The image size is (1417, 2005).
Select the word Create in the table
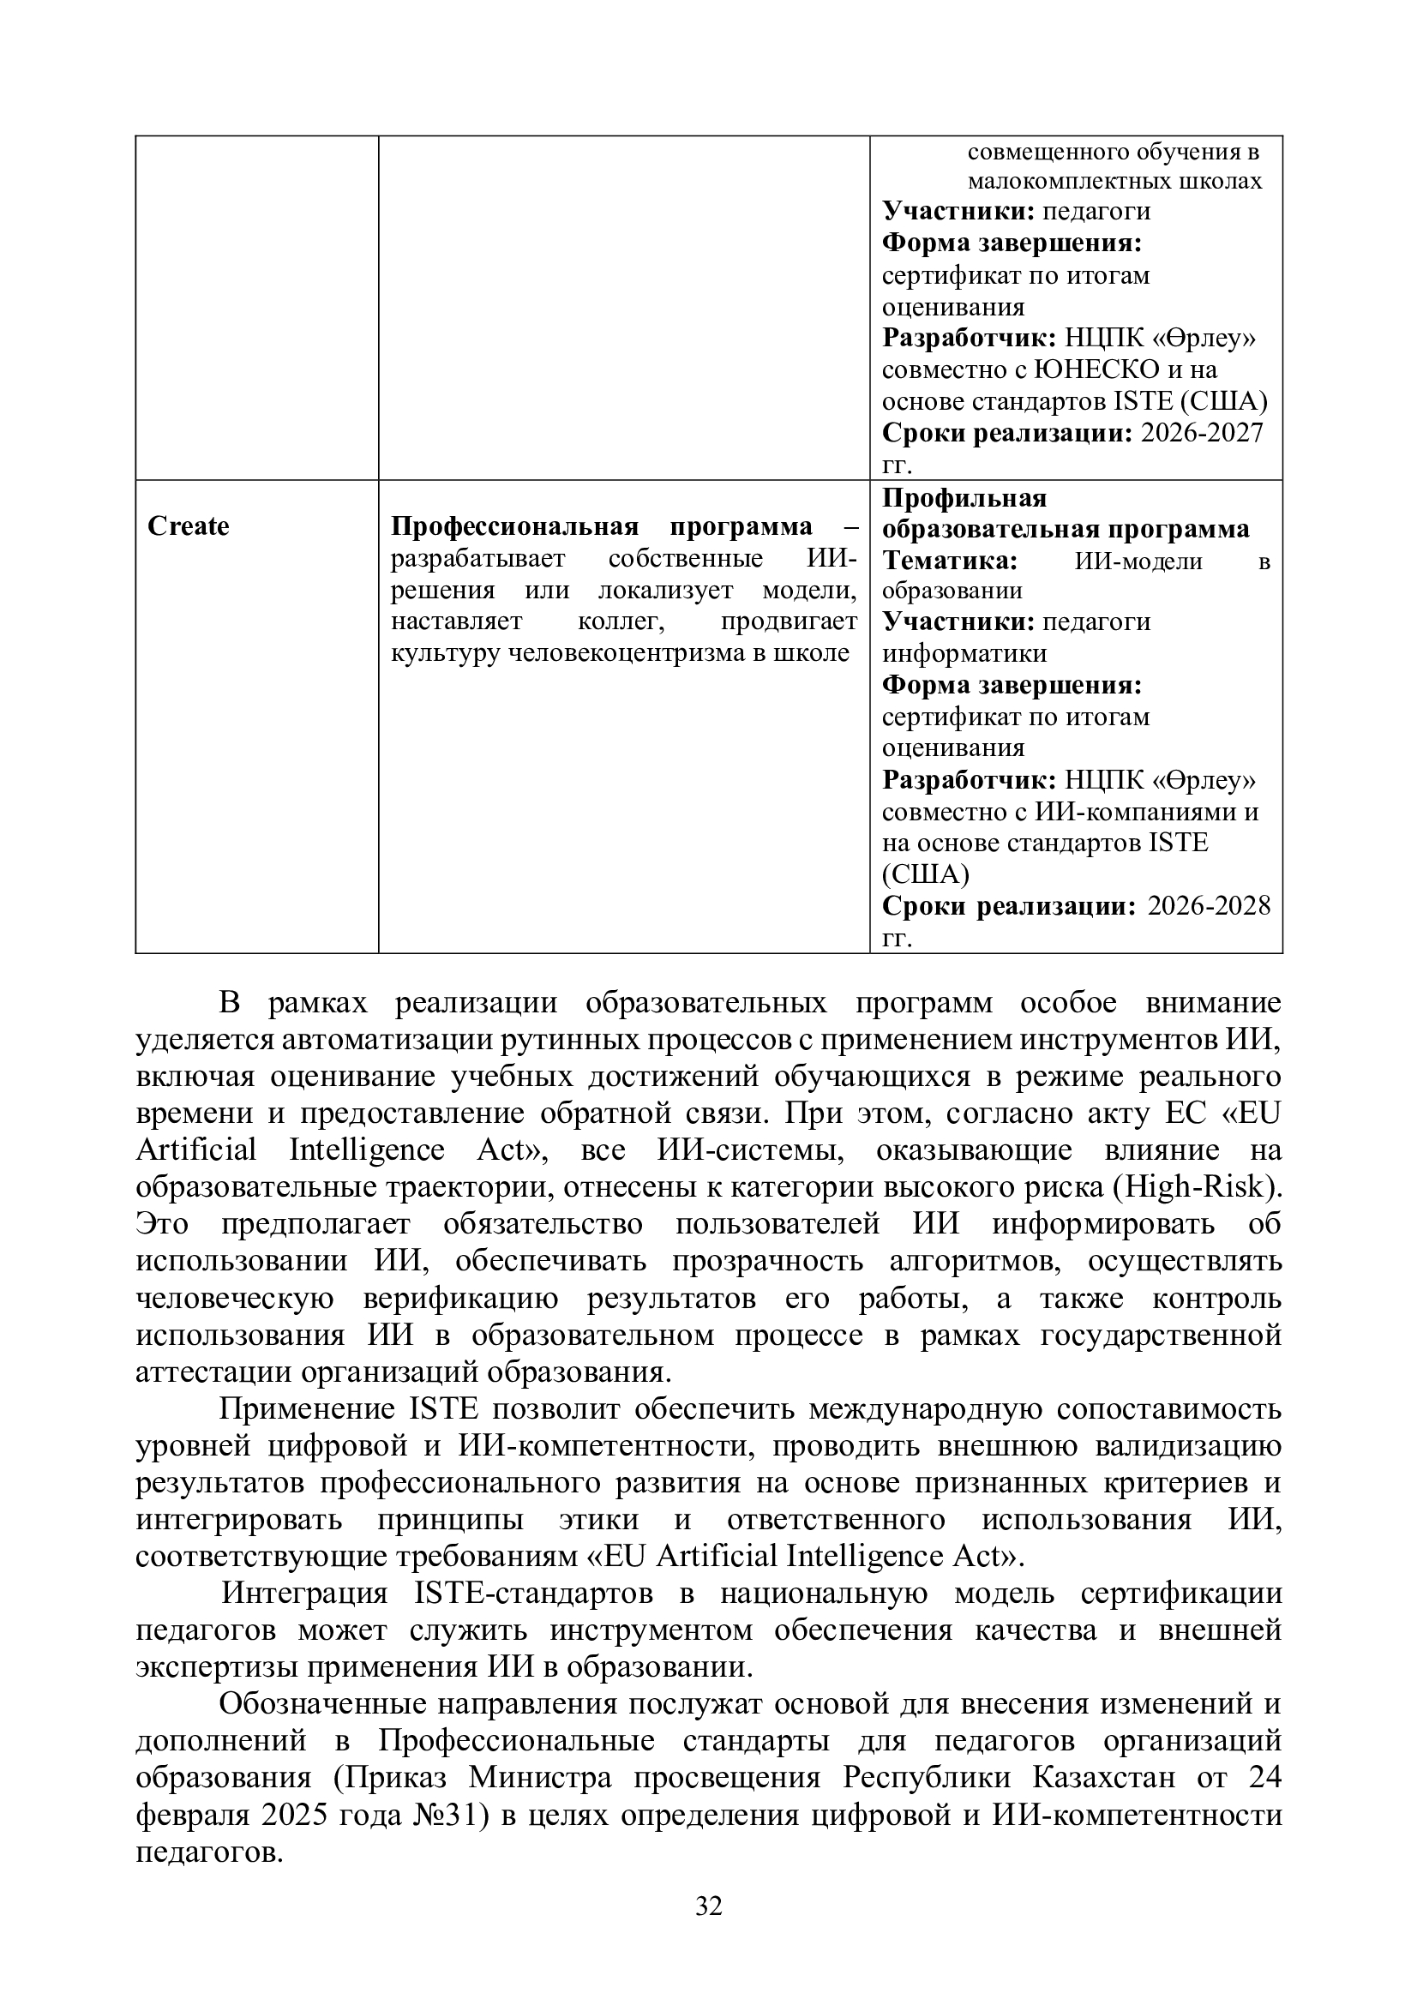tap(188, 526)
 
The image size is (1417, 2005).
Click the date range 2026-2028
tap(1210, 905)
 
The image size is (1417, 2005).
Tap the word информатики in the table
tap(964, 653)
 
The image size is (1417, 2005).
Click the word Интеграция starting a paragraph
tap(303, 1593)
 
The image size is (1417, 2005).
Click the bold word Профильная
tap(964, 498)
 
